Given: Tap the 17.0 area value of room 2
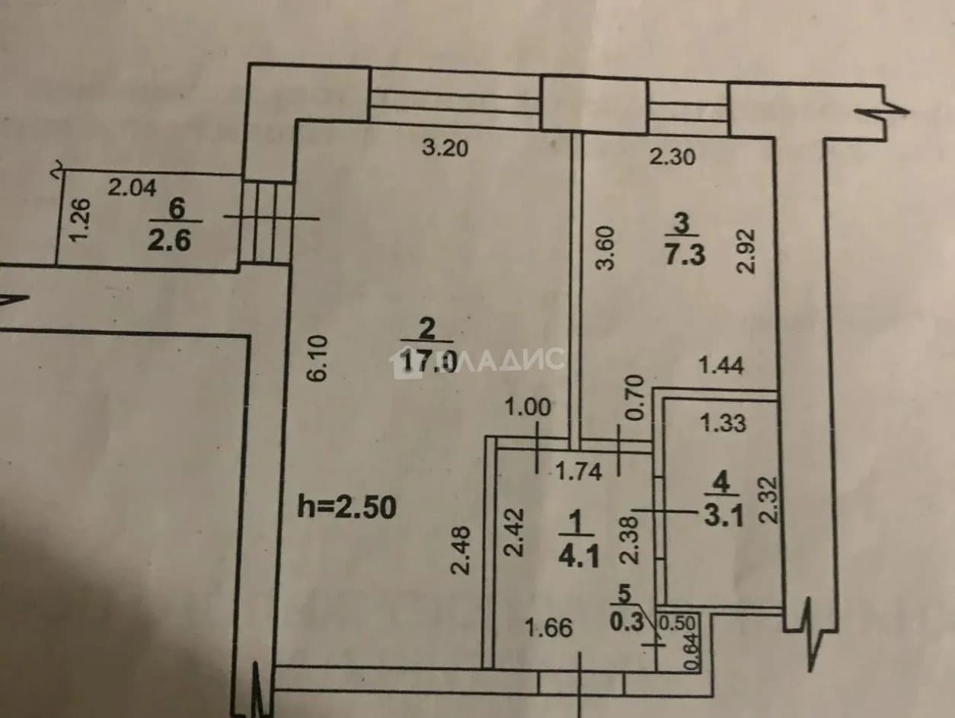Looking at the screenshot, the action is point(430,361).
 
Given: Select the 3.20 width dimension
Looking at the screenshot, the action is point(445,148).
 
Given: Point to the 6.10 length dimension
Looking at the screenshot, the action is point(317,358).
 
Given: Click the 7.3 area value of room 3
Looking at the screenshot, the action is point(685,254).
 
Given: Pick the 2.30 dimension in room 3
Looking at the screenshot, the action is point(672,157).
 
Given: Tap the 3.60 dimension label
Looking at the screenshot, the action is point(605,248).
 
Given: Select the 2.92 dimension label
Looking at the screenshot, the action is point(746,251).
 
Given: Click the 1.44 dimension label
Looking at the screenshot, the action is point(721,365).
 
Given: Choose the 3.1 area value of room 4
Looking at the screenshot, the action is point(723,517).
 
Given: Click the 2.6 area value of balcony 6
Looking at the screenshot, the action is point(169,241).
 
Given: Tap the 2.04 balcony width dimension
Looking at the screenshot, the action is point(133,188).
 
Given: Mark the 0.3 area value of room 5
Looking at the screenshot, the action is point(627,622).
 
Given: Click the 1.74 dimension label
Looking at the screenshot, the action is point(579,471).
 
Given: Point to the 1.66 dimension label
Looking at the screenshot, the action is point(548,628).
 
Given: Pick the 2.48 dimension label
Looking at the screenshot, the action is point(461,550).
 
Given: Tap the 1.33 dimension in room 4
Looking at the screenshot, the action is point(723,423).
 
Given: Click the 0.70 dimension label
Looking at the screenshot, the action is point(636,397).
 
